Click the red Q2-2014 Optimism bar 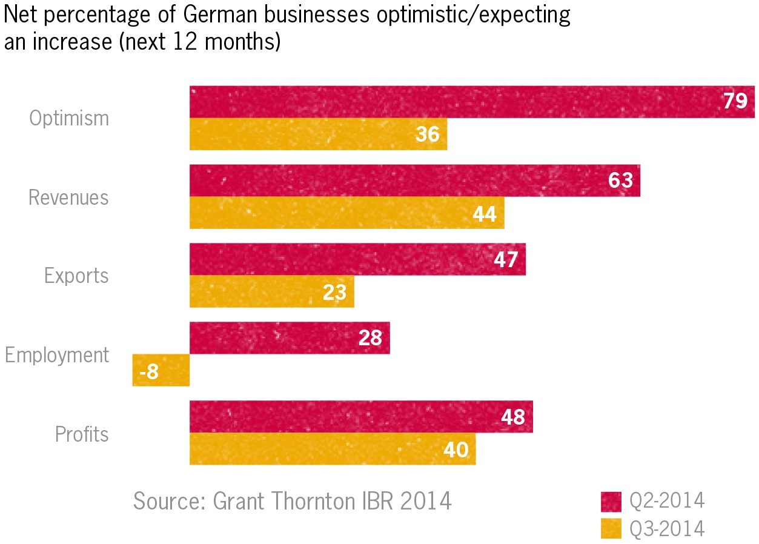tap(454, 102)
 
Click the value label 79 tap(735, 102)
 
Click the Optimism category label tap(69, 118)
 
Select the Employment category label tap(57, 355)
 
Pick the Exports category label tap(76, 276)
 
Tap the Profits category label tap(82, 434)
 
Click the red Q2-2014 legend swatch tap(611, 502)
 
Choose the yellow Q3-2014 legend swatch tap(611, 528)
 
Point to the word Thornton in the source tap(314, 502)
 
